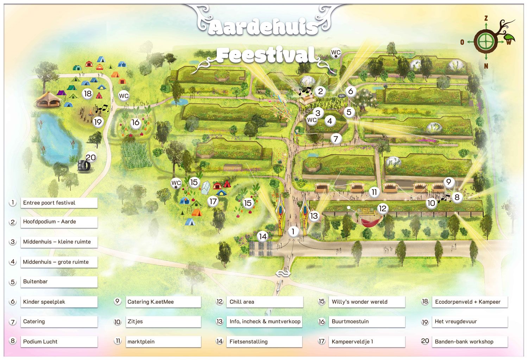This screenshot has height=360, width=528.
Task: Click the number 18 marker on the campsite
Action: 87,94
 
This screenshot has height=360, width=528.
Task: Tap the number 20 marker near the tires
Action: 91,157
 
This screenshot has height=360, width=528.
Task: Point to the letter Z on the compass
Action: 486,18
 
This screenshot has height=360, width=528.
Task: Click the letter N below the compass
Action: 486,66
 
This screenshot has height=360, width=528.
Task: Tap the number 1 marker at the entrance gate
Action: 293,231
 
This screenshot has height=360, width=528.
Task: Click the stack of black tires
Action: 84,166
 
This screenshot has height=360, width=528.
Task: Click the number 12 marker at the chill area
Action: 382,209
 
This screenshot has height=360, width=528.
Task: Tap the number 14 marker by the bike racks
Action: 263,236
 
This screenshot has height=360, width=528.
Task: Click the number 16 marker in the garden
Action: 136,123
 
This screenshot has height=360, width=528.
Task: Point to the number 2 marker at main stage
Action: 320,92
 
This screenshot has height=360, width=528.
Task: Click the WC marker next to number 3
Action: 312,120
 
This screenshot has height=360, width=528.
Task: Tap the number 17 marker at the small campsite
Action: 213,201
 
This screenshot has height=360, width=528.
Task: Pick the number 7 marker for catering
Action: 336,139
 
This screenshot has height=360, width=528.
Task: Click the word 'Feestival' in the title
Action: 266,55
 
